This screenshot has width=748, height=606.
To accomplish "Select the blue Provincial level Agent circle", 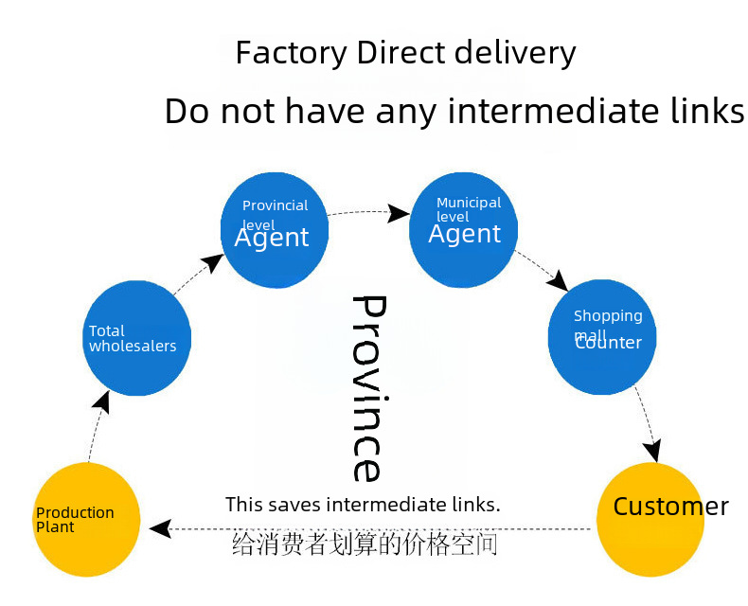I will [274, 231].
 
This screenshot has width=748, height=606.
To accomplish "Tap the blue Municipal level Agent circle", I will [463, 230].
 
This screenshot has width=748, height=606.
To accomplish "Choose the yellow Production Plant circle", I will [86, 520].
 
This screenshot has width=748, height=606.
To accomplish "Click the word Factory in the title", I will [293, 53].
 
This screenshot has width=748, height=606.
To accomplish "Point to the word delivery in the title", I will [517, 53].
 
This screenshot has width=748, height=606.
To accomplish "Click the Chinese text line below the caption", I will [365, 544].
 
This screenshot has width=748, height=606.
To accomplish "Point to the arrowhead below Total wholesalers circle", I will [102, 401].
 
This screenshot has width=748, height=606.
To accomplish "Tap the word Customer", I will [670, 507].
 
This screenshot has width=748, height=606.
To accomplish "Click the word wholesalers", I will [133, 346].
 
